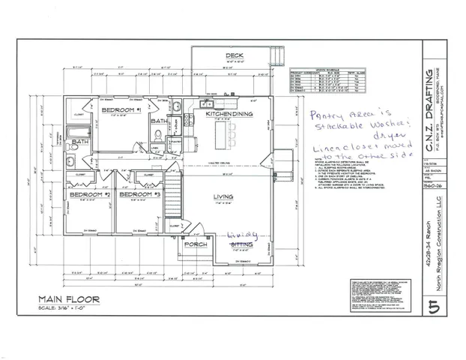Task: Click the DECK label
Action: (x=234, y=56)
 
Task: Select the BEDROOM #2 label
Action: (x=90, y=195)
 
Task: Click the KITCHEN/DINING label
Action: (x=230, y=114)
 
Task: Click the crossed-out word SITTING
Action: (x=242, y=244)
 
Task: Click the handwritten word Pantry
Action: (x=321, y=118)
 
